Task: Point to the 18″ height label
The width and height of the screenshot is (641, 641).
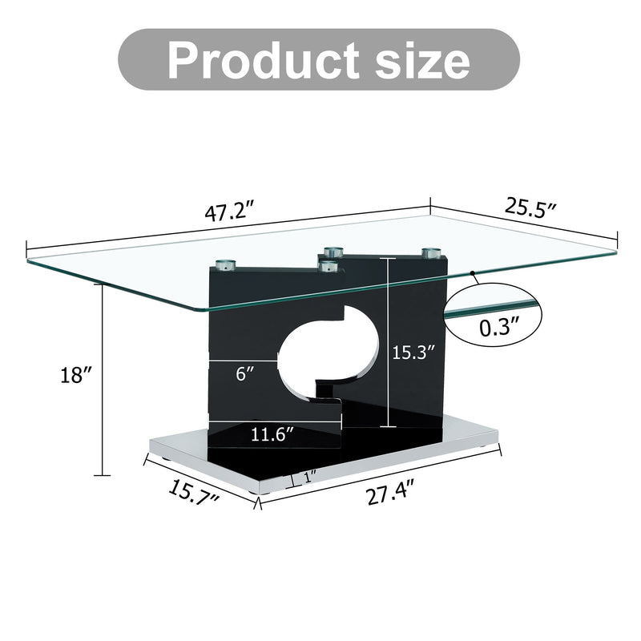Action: pyautogui.click(x=77, y=374)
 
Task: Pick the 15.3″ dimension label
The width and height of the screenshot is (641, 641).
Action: pyautogui.click(x=413, y=350)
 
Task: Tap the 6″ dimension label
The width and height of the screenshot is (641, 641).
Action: pyautogui.click(x=247, y=373)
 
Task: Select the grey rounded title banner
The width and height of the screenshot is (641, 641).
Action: pyautogui.click(x=319, y=60)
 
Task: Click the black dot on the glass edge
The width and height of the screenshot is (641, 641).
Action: pyautogui.click(x=474, y=274)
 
